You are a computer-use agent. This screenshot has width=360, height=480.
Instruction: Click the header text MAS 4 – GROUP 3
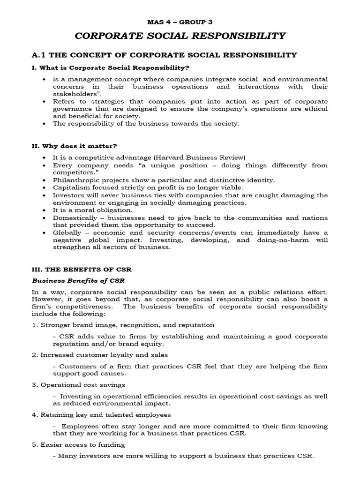(x=180, y=21)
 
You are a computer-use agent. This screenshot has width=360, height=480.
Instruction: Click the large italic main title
(x=180, y=36)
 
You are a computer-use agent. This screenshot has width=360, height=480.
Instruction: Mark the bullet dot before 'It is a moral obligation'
(x=44, y=210)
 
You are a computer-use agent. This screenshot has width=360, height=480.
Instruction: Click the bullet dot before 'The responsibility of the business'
(x=44, y=124)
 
